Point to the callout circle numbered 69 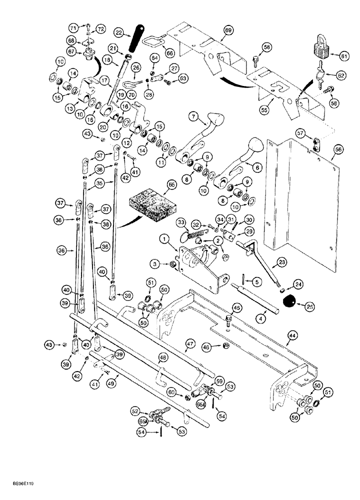[x=227, y=31]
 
